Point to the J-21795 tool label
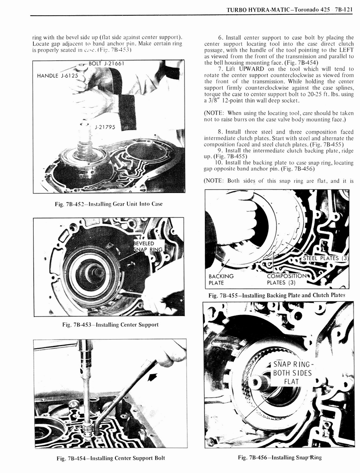pos(105,127)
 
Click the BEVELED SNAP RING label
pos(148,246)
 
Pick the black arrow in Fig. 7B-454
pos(152,377)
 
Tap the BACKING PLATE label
pos(221,279)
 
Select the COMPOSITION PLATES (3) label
pos(288,279)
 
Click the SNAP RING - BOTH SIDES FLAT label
pos(292,373)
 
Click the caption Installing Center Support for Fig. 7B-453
pos(109,325)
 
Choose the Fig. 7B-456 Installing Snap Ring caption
pos(280,457)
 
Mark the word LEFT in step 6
pos(346,50)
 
